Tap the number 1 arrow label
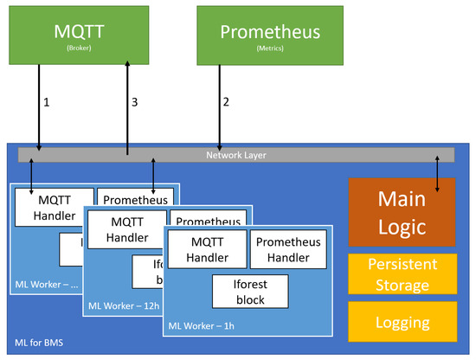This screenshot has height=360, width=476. (46, 102)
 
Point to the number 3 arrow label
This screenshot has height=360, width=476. (135, 102)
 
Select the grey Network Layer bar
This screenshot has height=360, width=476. (236, 155)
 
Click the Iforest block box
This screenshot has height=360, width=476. (250, 291)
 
